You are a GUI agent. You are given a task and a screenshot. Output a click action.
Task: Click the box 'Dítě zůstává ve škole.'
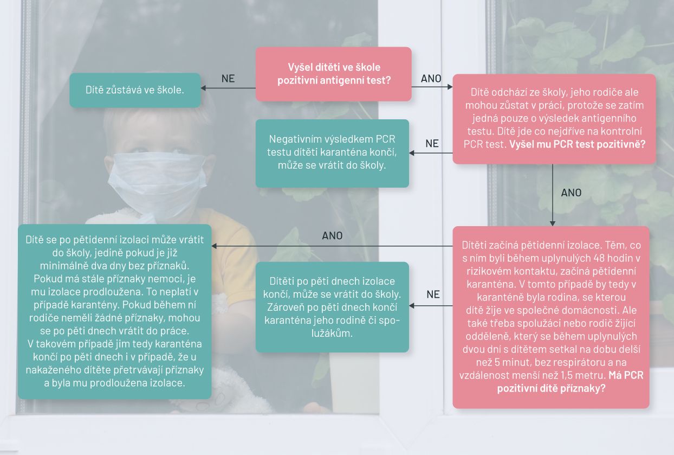point(135,90)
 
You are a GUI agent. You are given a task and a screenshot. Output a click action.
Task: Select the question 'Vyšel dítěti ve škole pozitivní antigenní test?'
point(334,74)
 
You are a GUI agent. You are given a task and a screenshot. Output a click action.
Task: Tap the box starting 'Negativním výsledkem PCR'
point(332,153)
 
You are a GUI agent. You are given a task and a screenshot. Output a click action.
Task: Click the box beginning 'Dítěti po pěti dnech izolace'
point(332,307)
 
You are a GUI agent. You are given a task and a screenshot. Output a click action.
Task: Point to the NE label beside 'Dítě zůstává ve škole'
point(228,79)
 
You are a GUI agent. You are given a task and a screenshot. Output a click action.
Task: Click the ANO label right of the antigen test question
point(431,79)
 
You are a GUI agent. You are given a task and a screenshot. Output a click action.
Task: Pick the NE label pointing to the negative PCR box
point(432,143)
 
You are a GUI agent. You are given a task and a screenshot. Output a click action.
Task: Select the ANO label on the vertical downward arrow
point(571,193)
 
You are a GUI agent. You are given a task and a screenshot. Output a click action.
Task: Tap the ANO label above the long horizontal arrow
point(332,235)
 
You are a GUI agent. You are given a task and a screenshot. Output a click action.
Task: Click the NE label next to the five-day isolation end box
point(433,294)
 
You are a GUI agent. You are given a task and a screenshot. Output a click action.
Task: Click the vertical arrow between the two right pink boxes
point(553,195)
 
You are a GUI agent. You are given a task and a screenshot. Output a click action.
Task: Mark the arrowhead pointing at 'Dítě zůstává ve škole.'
point(203,88)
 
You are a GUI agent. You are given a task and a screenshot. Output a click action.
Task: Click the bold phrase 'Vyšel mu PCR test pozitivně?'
point(577,144)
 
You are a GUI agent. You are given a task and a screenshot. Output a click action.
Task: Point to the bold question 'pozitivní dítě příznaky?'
point(551,388)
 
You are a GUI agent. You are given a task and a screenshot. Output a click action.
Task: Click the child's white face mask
point(157,184)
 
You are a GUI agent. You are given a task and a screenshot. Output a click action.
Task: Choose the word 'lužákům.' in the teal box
point(332,333)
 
